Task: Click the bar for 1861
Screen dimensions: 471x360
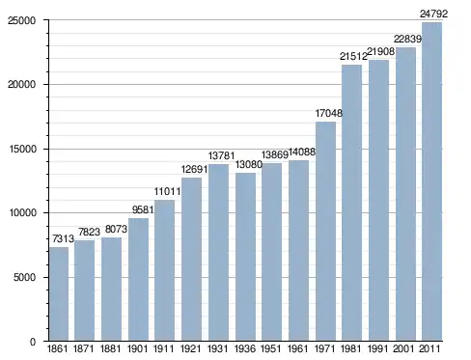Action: click(x=59, y=294)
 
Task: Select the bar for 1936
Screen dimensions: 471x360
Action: click(x=245, y=257)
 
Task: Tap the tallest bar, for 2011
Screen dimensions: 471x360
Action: click(x=431, y=181)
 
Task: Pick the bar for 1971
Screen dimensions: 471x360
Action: click(x=325, y=232)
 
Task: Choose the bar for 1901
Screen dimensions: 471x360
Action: click(x=138, y=280)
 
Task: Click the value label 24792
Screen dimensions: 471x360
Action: click(x=433, y=14)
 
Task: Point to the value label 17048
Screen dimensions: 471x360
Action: click(x=329, y=113)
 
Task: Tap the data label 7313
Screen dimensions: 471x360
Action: click(x=63, y=238)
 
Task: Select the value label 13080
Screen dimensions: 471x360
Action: click(x=249, y=164)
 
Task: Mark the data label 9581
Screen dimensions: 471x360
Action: click(x=143, y=209)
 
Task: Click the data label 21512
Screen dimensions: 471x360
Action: click(x=353, y=57)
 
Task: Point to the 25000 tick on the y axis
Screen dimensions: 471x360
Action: click(x=21, y=20)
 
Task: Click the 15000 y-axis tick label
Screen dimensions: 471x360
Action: click(x=21, y=150)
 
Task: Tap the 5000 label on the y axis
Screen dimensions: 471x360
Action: click(x=24, y=277)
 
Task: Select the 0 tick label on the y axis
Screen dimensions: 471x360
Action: click(x=33, y=342)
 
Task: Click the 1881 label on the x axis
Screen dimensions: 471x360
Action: click(x=110, y=348)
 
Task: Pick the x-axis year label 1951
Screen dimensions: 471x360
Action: click(x=271, y=348)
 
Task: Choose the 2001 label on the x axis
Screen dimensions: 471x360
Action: click(x=403, y=348)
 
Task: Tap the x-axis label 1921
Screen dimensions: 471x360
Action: click(x=191, y=348)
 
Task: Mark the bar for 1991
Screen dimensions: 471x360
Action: click(x=378, y=201)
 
